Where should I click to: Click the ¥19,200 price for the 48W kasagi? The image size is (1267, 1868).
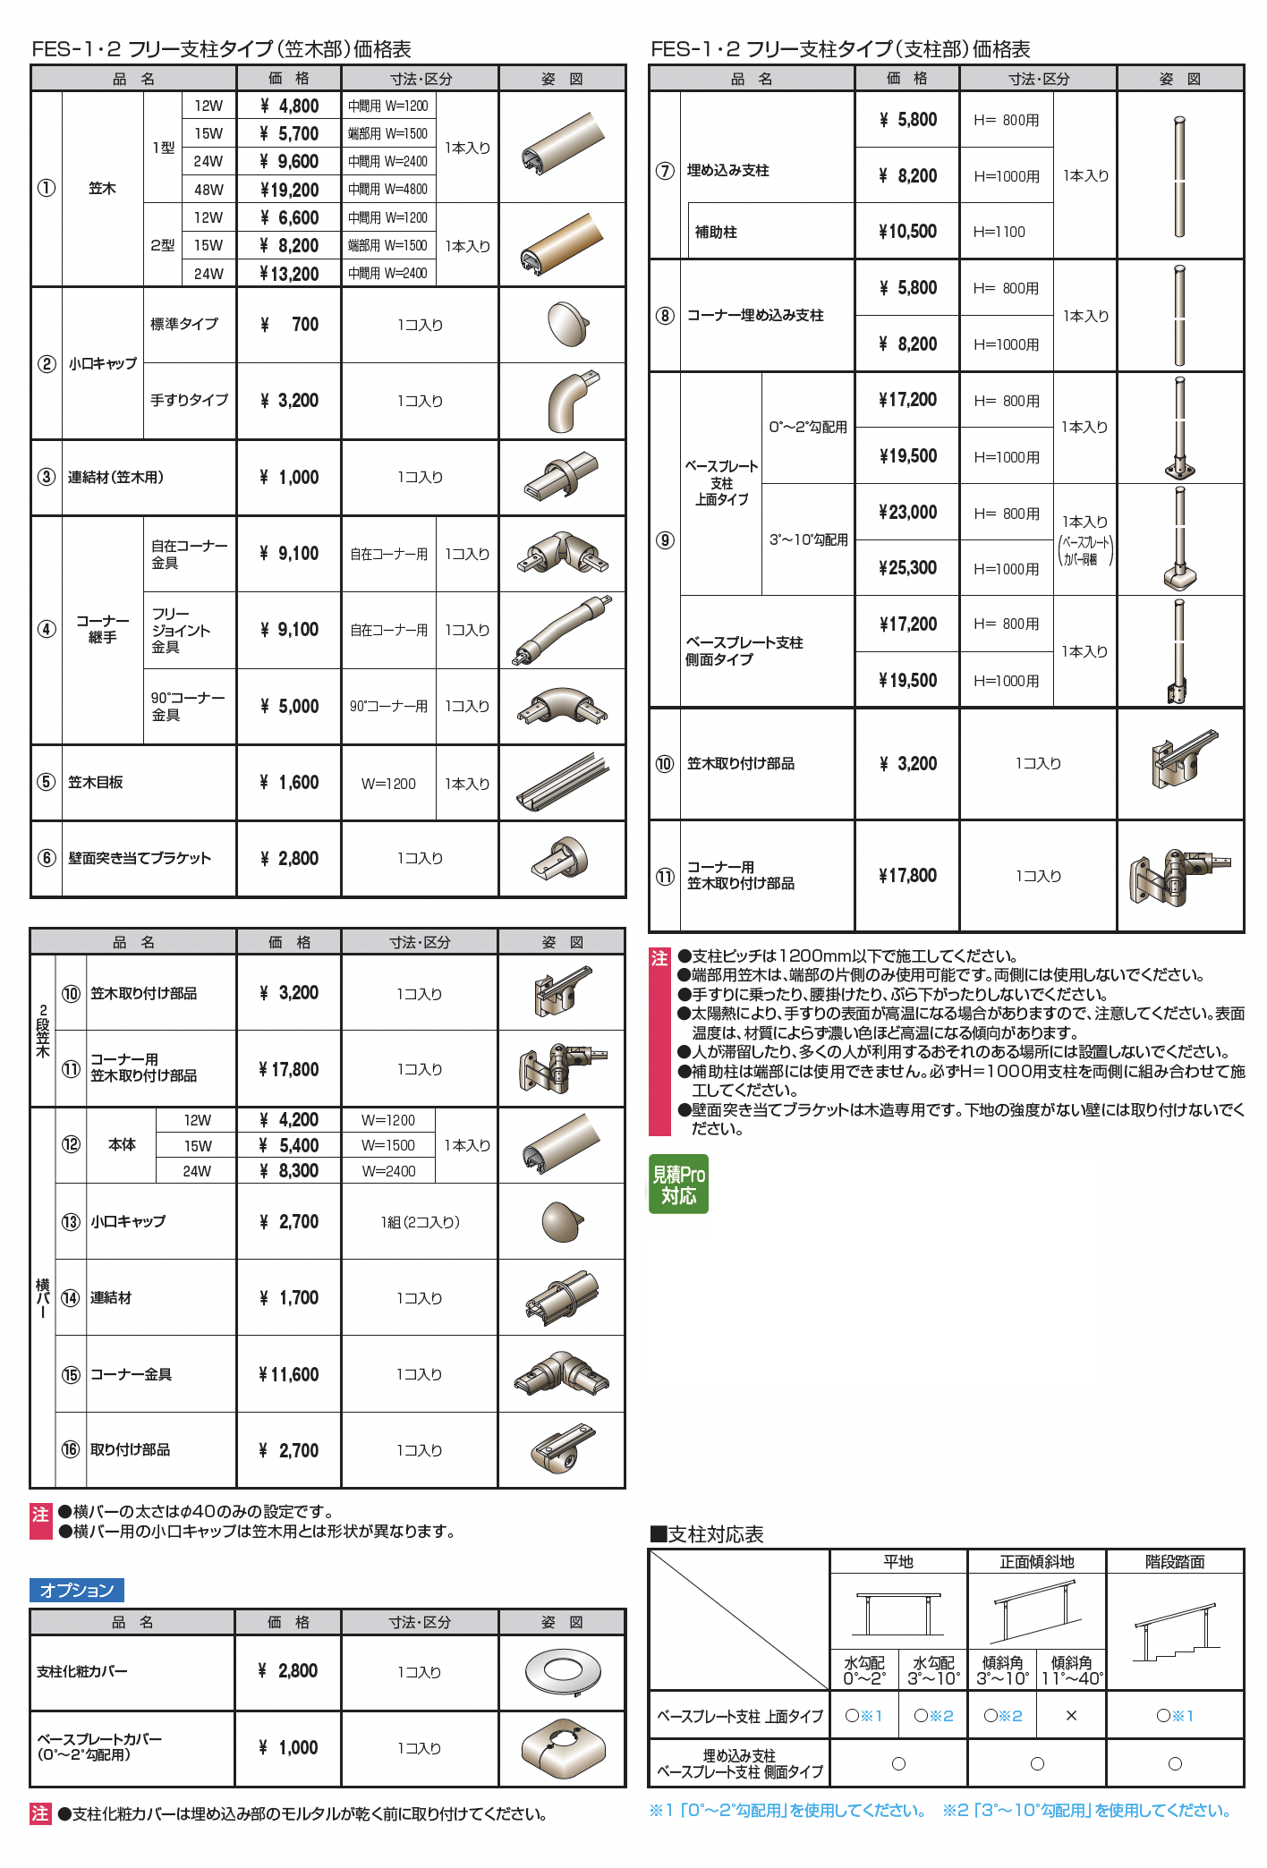(x=289, y=190)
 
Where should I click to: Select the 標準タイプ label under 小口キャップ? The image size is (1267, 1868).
(x=184, y=324)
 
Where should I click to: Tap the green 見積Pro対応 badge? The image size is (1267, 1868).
(x=678, y=1184)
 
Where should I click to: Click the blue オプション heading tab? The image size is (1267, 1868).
(x=77, y=1590)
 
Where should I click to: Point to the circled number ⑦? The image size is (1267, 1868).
(x=665, y=171)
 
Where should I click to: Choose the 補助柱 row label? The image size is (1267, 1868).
(x=716, y=232)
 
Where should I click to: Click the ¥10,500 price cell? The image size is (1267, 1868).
(x=907, y=232)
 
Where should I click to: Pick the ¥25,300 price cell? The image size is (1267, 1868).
(x=907, y=568)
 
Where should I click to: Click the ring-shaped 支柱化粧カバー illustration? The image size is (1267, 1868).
(x=562, y=1671)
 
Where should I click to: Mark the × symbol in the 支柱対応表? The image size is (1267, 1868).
(x=1071, y=1716)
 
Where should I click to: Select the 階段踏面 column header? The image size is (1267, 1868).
(x=1175, y=1562)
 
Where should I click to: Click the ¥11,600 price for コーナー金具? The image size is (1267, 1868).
(x=288, y=1375)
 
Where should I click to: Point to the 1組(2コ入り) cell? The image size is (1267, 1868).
(x=420, y=1222)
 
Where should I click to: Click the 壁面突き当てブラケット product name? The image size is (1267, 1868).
(x=140, y=859)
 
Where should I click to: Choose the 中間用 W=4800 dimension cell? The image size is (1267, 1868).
(x=388, y=190)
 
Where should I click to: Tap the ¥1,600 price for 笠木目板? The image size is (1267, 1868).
(x=289, y=783)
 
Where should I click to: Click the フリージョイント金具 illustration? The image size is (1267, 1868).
(x=562, y=630)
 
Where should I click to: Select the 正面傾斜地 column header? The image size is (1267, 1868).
(x=1036, y=1562)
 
